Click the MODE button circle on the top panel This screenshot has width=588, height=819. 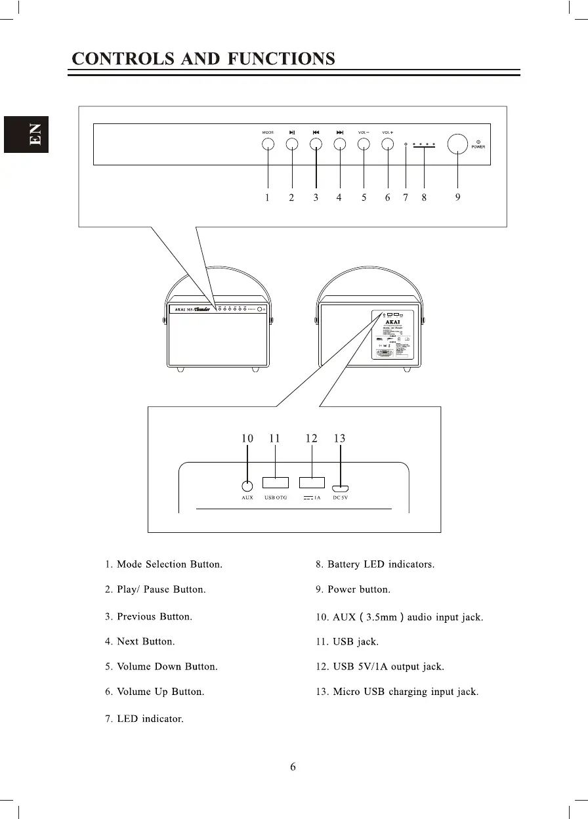point(268,144)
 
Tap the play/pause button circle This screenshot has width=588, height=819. point(292,144)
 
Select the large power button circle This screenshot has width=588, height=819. point(457,144)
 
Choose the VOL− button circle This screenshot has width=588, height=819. point(364,144)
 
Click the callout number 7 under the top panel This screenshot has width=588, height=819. point(406,198)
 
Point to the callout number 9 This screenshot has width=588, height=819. point(457,198)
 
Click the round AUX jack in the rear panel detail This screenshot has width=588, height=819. point(247,486)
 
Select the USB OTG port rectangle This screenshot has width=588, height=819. point(276,483)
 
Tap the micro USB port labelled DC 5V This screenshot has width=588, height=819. point(340,488)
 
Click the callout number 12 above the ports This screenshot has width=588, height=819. point(311,438)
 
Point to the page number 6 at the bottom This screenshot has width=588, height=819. point(293,766)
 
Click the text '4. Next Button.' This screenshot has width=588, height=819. point(140,641)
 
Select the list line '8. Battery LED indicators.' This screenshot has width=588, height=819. point(375,564)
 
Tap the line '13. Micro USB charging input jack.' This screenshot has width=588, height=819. point(396,692)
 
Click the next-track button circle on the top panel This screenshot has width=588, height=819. point(340,144)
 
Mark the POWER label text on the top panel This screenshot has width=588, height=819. point(478,147)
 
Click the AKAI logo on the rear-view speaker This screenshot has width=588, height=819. point(392,322)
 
